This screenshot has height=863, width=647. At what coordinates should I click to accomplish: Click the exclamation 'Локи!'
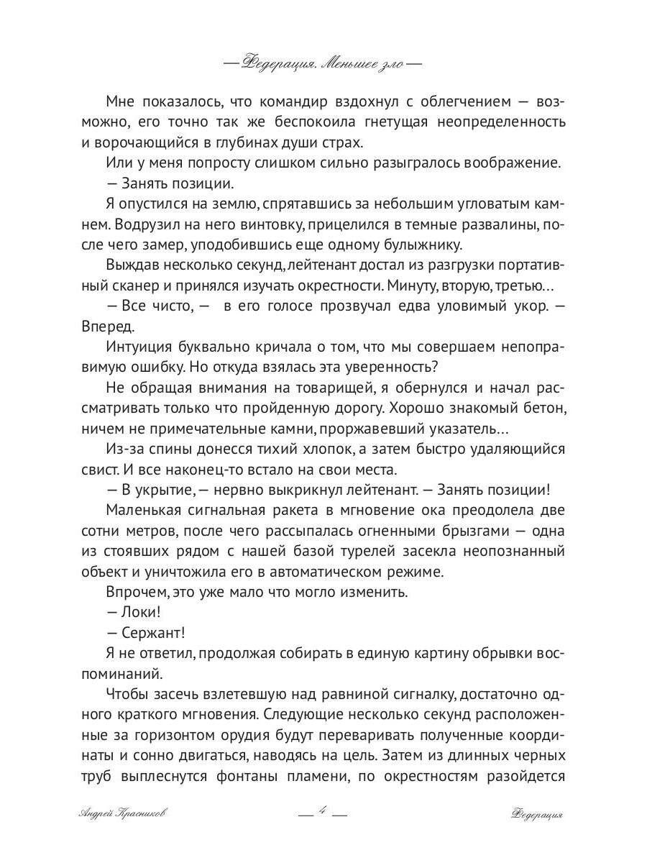[x=132, y=613]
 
